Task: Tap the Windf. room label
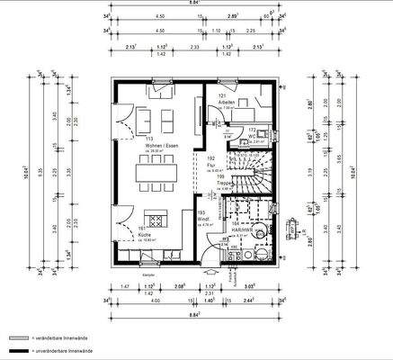coord(204,218)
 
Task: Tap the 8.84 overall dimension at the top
coord(194,4)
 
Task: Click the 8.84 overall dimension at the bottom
coord(194,316)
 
